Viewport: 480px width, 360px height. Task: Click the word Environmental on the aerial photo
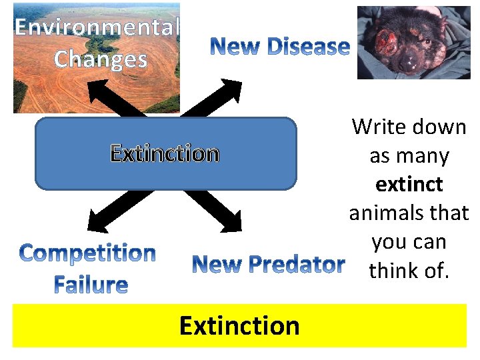pyautogui.click(x=97, y=27)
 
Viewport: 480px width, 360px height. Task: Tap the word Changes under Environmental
pyautogui.click(x=100, y=59)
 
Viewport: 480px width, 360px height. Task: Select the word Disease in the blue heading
pyautogui.click(x=307, y=47)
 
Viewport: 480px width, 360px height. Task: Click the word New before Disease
pyautogui.click(x=236, y=47)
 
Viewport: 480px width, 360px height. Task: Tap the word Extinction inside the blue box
pyautogui.click(x=165, y=154)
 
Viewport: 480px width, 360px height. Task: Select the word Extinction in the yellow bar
pyautogui.click(x=239, y=326)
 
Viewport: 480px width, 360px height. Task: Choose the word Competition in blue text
pyautogui.click(x=87, y=253)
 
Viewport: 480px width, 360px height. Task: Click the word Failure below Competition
pyautogui.click(x=91, y=285)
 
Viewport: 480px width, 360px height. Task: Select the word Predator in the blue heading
pyautogui.click(x=297, y=265)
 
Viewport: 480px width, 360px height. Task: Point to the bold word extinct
pyautogui.click(x=409, y=184)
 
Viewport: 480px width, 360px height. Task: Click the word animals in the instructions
pyautogui.click(x=387, y=213)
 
